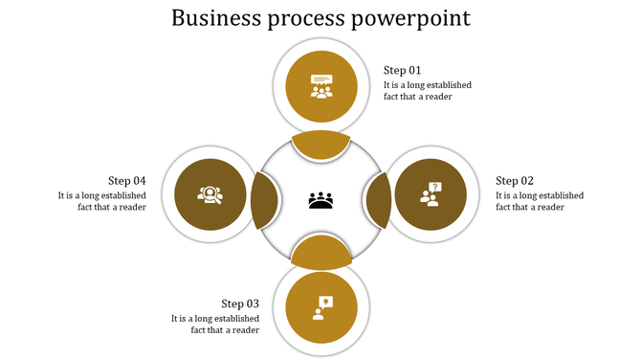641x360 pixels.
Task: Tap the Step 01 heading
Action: (402, 70)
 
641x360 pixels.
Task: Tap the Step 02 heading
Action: (514, 181)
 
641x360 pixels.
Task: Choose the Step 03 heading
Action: (240, 304)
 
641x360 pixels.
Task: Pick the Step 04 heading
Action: (127, 180)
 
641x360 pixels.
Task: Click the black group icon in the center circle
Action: (320, 200)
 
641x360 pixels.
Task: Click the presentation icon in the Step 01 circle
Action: (320, 86)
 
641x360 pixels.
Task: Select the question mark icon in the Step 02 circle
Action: (431, 195)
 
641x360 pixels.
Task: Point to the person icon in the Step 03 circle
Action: (320, 307)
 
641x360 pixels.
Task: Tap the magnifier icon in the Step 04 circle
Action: (210, 195)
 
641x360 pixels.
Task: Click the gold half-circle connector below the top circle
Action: (320, 145)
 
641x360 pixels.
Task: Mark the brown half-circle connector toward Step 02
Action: (377, 199)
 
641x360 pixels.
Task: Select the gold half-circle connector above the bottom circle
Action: (320, 254)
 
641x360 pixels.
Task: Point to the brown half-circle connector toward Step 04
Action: (264, 199)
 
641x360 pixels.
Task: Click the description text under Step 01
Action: (427, 91)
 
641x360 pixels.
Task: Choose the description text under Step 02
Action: (539, 201)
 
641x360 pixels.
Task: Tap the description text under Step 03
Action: (215, 325)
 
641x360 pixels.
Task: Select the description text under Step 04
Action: (102, 201)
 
